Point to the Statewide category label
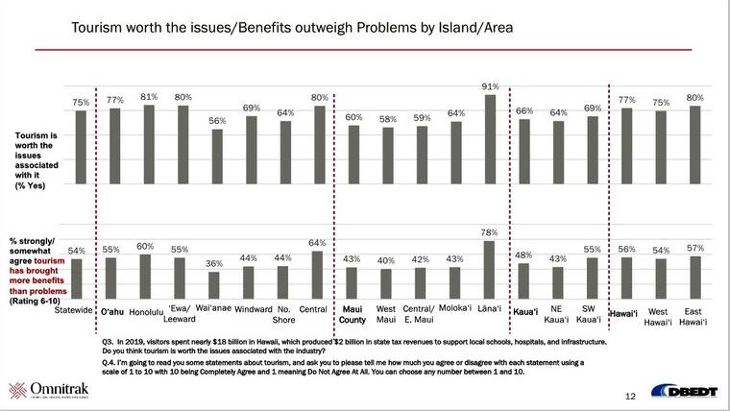74,311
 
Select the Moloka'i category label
455,308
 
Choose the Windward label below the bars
253,309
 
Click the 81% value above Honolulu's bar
149,96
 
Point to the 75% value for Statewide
81,102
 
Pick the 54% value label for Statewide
78,251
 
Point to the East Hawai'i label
693,315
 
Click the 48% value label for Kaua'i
523,254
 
